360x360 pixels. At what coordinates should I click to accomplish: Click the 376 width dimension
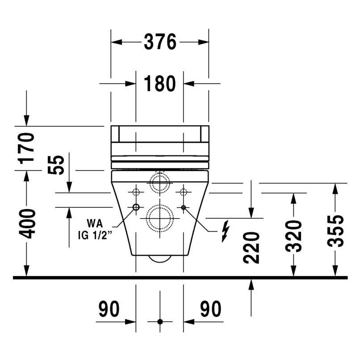pos(160,42)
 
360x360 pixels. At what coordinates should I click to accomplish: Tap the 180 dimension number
pos(160,84)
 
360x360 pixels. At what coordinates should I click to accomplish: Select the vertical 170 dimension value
pos(27,148)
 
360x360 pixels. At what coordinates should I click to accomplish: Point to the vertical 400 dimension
pos(27,224)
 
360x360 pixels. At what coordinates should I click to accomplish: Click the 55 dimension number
pos(56,165)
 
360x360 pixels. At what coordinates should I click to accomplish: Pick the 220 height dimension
pos(251,247)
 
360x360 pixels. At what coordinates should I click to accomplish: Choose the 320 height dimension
pos(293,236)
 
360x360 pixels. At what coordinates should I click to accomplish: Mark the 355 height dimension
pos(335,231)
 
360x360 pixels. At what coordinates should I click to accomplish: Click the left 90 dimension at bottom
pos(109,309)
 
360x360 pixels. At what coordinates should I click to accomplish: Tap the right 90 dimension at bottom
pos(210,309)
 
